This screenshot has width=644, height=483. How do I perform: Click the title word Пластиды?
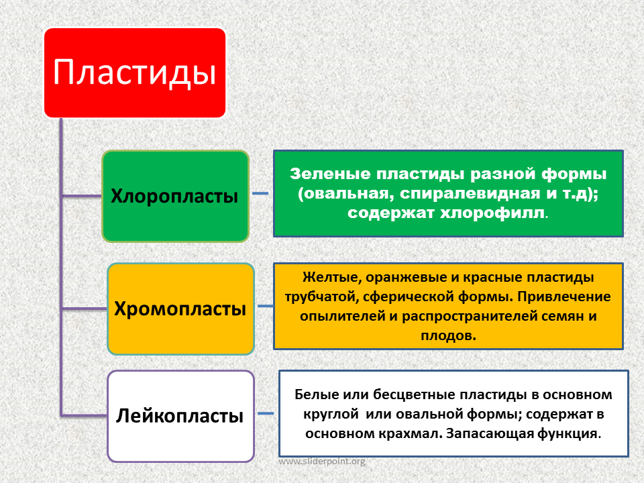(x=135, y=72)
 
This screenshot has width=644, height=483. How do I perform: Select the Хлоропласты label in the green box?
(x=174, y=197)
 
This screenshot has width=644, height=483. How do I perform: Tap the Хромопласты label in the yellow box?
(x=180, y=309)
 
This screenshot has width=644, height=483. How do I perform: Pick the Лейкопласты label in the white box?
(x=180, y=416)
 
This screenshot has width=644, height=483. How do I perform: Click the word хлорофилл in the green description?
(x=493, y=213)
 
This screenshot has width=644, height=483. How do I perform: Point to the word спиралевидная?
(x=470, y=193)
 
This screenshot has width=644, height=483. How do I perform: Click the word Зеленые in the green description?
(x=330, y=174)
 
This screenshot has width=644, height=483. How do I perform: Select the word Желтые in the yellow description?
(x=332, y=278)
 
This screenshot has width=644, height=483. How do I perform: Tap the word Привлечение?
(x=564, y=297)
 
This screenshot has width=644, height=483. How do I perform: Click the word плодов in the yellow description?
(x=447, y=335)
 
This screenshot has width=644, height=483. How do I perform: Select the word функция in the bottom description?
(x=565, y=434)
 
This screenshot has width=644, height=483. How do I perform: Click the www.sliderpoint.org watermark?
(x=321, y=462)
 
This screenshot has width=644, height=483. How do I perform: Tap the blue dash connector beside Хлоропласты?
(x=260, y=193)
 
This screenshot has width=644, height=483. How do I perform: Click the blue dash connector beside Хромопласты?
(x=266, y=306)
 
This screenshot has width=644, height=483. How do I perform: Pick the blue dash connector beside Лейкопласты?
(x=266, y=413)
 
